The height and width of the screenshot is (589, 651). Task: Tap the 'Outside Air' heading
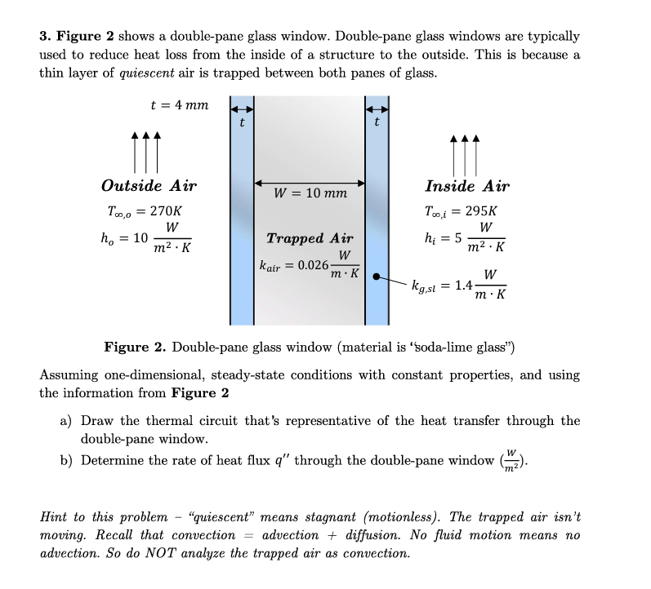[149, 185]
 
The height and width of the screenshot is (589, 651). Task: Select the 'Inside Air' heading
[467, 186]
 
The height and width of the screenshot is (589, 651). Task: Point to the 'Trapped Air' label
[310, 238]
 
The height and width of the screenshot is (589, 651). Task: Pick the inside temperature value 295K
[480, 210]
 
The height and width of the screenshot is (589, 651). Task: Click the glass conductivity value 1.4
[463, 285]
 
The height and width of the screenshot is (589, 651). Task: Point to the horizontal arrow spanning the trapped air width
[310, 182]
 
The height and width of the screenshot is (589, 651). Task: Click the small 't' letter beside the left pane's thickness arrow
[241, 123]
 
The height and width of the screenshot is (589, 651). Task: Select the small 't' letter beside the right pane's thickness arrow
[376, 123]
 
